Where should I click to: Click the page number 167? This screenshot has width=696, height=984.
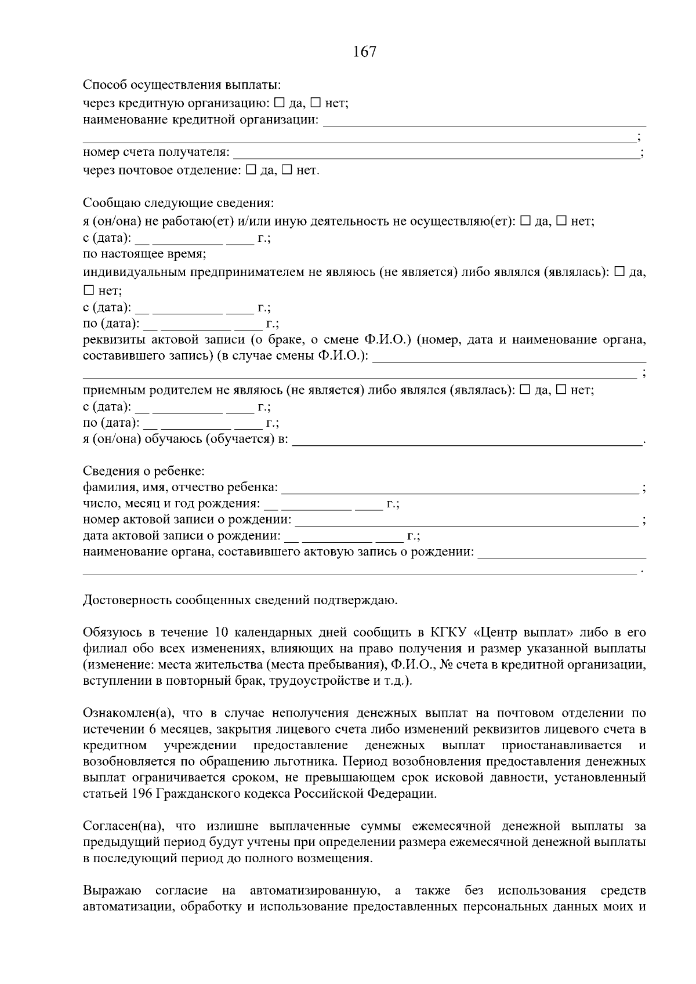(364, 52)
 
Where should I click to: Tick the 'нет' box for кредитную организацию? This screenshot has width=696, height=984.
(316, 103)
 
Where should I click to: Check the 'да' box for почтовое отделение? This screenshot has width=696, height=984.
(251, 170)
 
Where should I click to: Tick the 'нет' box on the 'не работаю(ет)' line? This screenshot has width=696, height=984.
(562, 221)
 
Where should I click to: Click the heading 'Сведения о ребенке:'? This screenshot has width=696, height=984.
(143, 470)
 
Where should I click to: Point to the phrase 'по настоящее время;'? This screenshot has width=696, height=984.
(144, 254)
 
